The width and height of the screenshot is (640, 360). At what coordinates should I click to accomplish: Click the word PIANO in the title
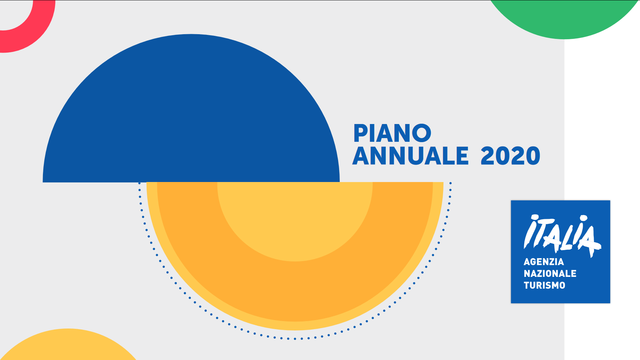pos(392,133)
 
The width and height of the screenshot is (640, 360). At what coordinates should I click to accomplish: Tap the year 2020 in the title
pos(510,156)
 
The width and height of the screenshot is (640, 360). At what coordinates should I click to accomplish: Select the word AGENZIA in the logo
pos(544,261)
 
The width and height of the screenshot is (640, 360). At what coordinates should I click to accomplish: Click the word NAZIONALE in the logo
pos(550,274)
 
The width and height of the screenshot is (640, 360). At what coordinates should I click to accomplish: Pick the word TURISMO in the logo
pos(544,285)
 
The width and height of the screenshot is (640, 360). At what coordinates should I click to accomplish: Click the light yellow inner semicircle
pos(295,218)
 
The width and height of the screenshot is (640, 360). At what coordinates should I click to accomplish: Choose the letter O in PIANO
pos(422,133)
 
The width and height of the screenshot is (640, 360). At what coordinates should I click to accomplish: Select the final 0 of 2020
pos(533,156)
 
